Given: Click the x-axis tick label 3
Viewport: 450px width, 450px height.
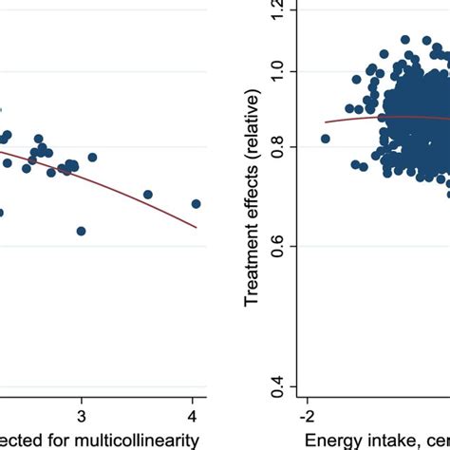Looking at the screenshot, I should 82,417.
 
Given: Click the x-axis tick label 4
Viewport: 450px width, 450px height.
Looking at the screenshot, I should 193,417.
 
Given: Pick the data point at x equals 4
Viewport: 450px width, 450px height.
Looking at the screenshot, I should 196,203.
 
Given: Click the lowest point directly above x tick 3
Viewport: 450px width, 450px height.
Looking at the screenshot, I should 82,231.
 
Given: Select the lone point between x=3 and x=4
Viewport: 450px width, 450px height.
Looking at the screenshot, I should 148,194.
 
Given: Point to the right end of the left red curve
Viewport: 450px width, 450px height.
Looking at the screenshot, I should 197,227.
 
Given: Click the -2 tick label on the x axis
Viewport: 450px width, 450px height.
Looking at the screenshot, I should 307,417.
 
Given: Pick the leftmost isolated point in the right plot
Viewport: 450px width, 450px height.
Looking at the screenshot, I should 326,139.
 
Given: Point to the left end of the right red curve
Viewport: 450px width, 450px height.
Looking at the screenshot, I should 326,122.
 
